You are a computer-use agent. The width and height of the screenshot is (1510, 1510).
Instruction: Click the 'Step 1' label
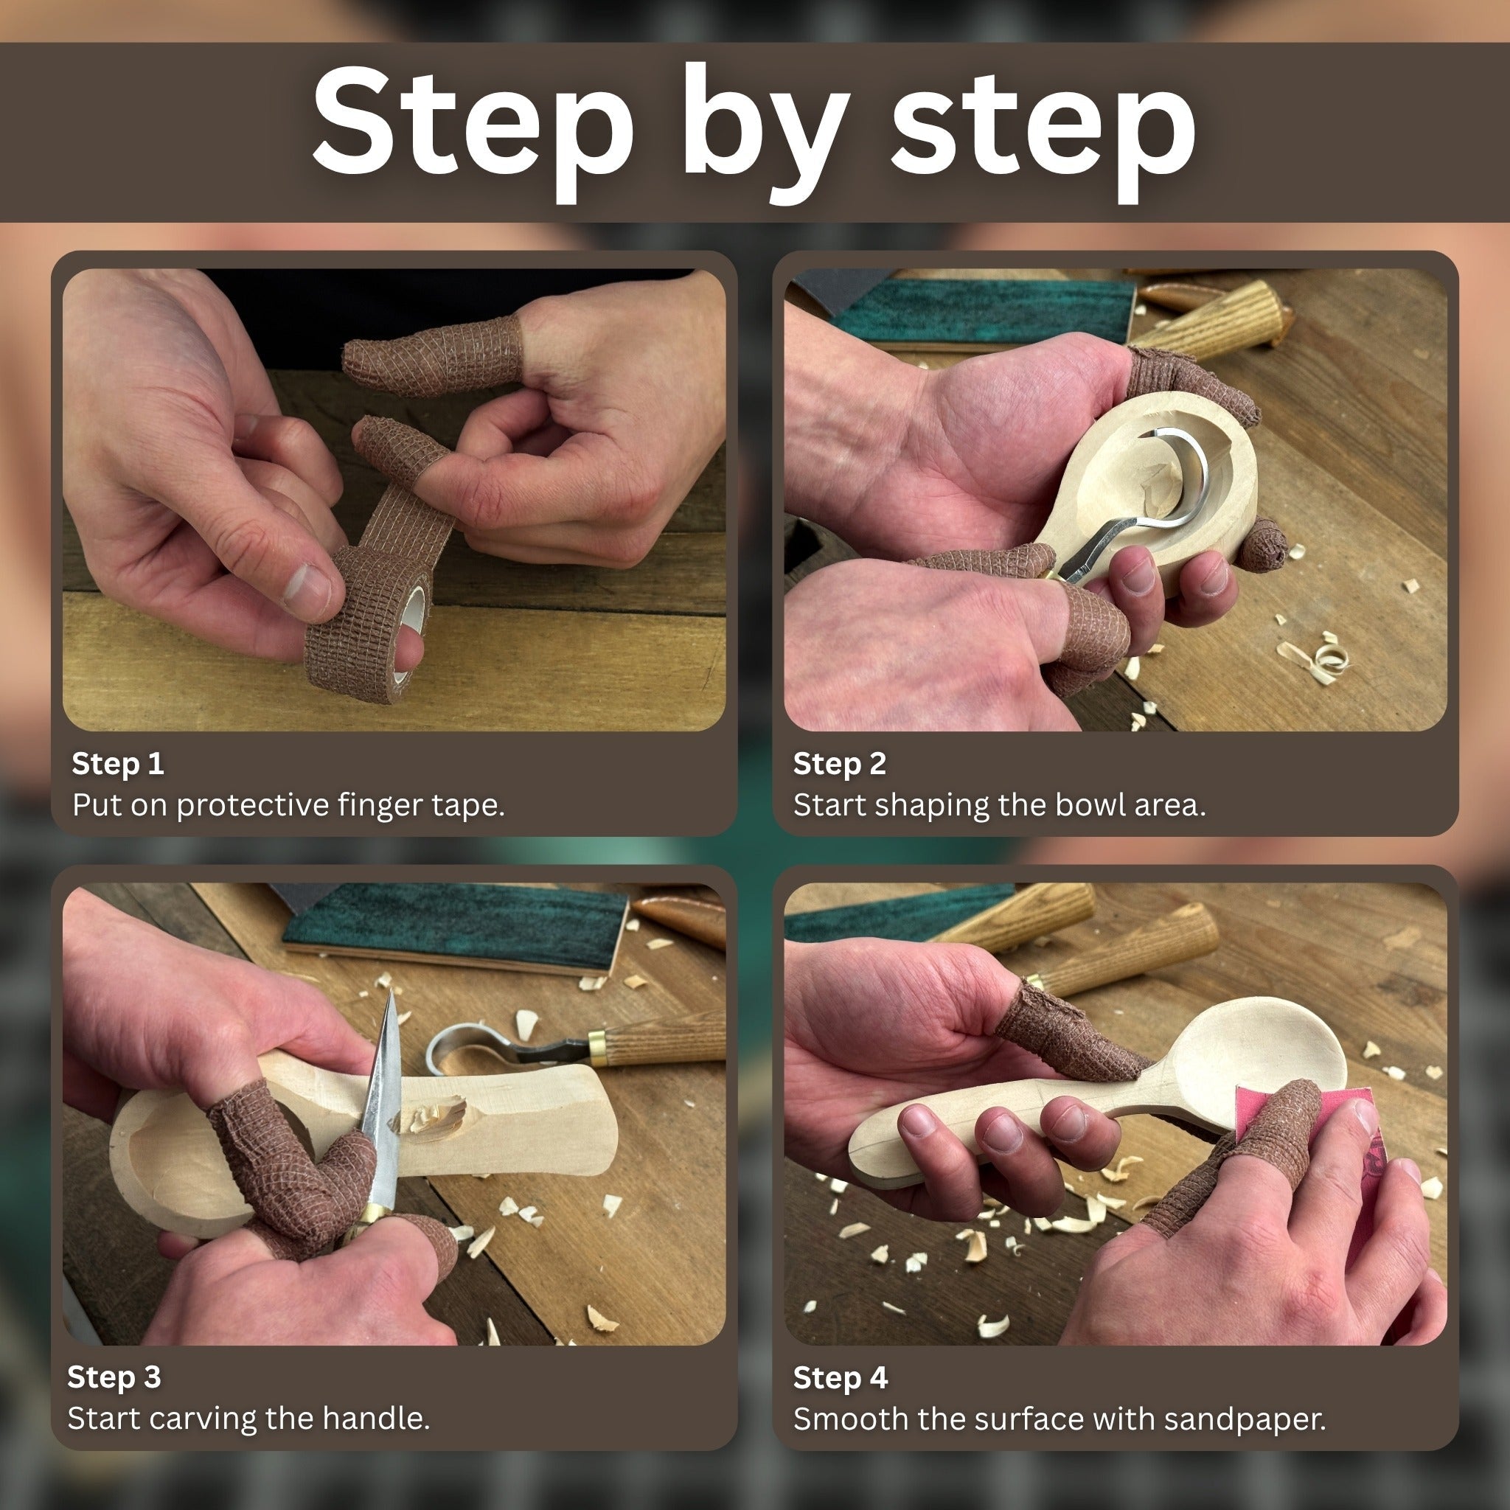[x=117, y=764]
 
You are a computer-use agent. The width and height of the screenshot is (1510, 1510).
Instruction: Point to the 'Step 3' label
[x=114, y=1377]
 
